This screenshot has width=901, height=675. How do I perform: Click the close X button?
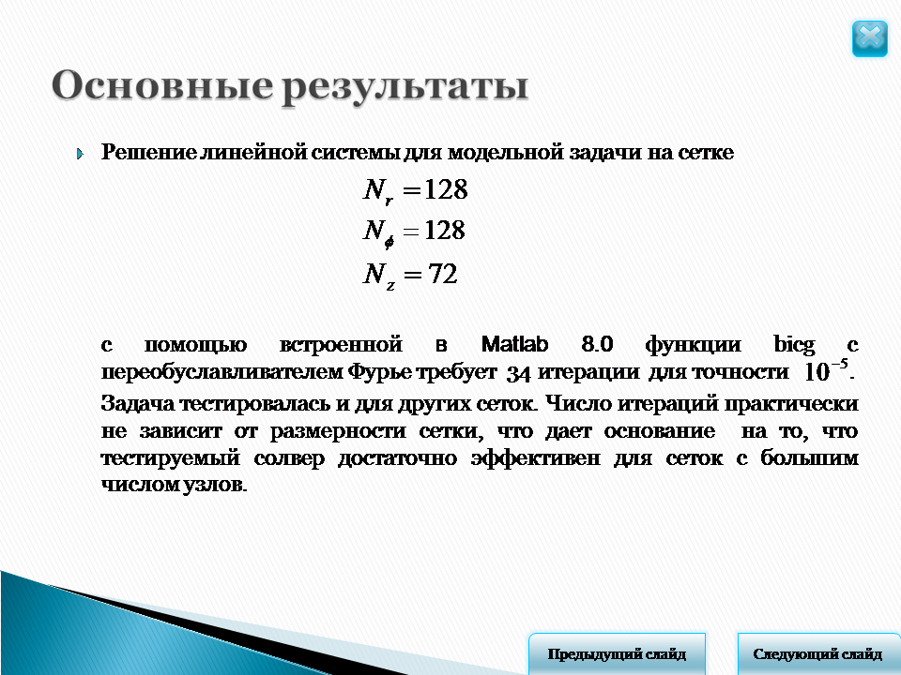869,38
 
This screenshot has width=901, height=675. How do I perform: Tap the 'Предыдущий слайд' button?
617,653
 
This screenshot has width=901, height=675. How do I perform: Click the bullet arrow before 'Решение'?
81,154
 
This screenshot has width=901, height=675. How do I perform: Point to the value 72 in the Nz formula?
442,274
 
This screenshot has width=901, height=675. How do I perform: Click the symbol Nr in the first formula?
378,190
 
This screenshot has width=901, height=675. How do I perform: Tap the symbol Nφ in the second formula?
378,232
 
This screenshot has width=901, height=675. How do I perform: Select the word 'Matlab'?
514,344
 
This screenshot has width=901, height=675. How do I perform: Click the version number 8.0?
597,344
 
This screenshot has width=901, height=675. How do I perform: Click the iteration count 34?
518,374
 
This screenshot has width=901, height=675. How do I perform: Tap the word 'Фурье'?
379,372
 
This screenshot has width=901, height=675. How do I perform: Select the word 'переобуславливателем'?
222,372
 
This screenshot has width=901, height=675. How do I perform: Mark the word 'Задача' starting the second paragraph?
137,403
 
